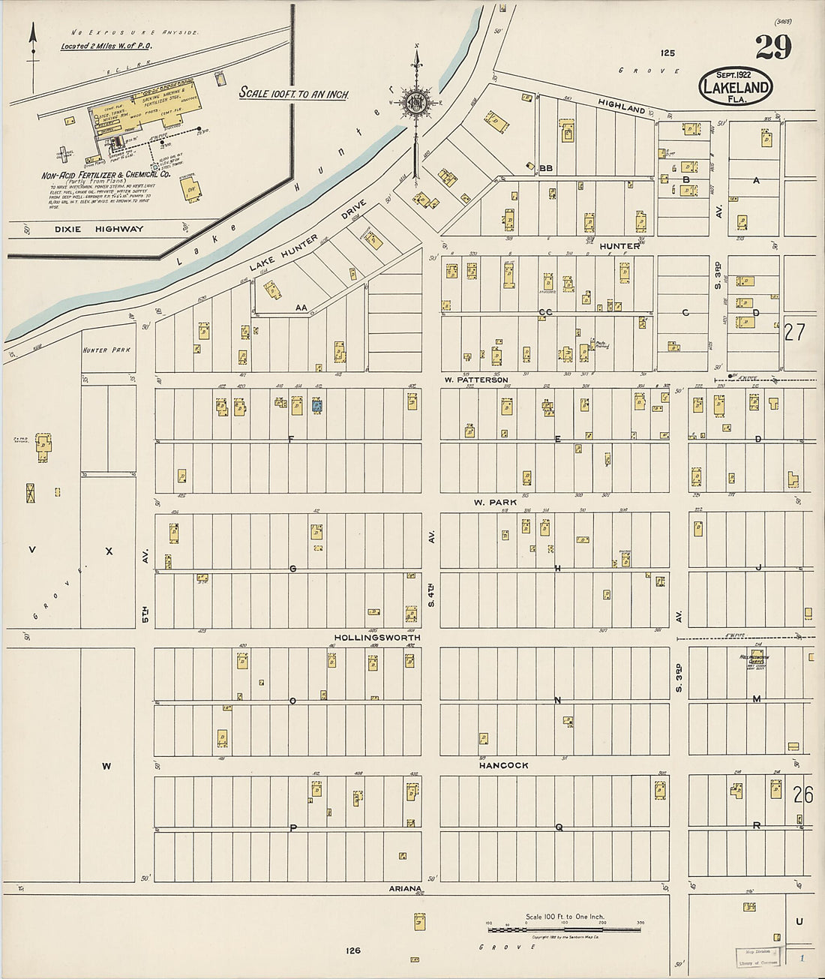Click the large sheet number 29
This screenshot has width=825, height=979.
coord(772,48)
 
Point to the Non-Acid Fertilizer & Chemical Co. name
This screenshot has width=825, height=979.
coord(105,175)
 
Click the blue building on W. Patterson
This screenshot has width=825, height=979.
coord(317,406)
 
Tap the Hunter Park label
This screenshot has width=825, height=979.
coord(106,350)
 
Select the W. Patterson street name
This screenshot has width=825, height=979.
coord(475,380)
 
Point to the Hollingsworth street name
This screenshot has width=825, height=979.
coord(377,638)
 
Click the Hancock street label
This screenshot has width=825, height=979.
coord(504,765)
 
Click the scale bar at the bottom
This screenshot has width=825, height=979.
coord(564,930)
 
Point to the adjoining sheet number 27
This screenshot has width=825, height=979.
coord(794,332)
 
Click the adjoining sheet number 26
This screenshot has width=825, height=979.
coord(802,794)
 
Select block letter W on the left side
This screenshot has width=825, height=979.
coord(106,766)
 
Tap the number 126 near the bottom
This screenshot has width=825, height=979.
coord(353,950)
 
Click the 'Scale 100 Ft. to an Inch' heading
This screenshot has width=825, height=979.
coord(294,94)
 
